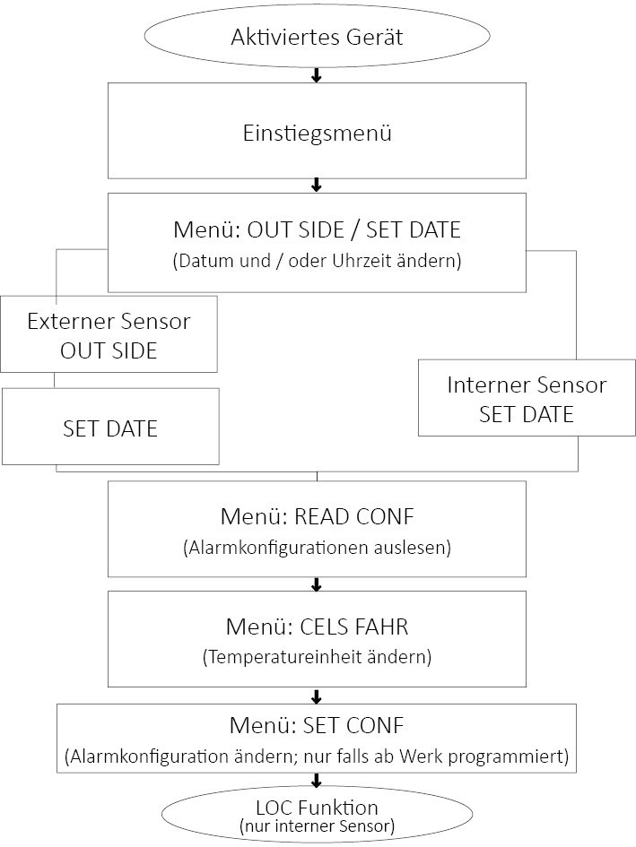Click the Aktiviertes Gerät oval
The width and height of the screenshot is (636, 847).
click(x=316, y=38)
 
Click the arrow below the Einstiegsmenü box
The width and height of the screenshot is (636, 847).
click(x=316, y=186)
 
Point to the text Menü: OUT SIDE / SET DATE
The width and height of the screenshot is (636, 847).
click(x=316, y=229)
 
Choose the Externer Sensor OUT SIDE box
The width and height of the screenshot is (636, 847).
click(x=109, y=334)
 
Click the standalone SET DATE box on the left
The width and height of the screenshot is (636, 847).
click(x=110, y=428)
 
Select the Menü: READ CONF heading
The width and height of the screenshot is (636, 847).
click(x=316, y=517)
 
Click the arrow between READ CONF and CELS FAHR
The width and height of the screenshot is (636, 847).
click(x=316, y=584)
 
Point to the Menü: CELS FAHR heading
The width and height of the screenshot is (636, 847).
click(x=316, y=625)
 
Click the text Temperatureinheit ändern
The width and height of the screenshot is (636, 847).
click(x=316, y=657)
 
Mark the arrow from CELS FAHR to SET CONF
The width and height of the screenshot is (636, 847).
click(x=316, y=696)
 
